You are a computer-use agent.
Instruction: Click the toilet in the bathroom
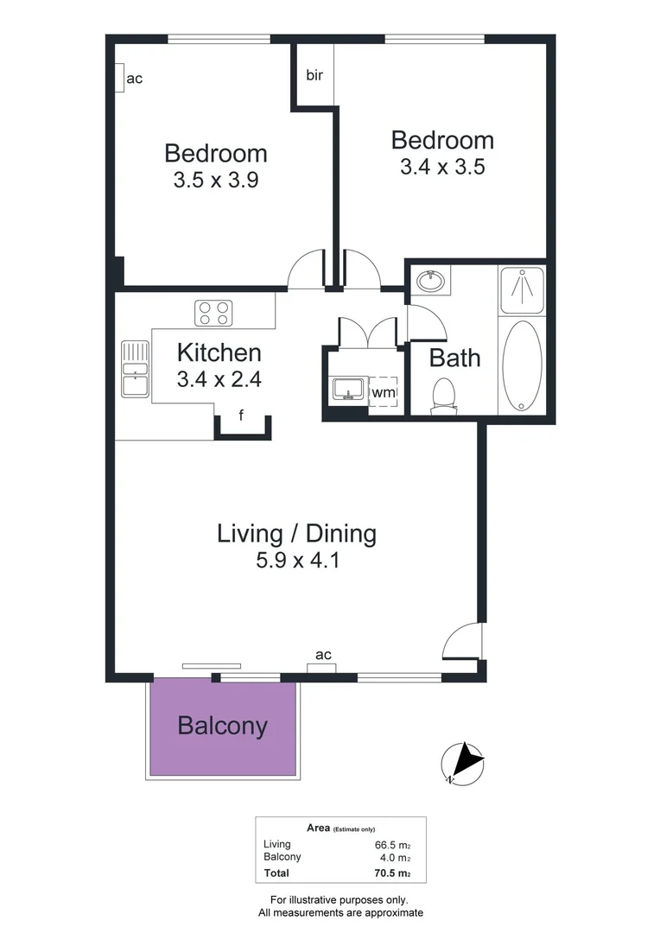444,394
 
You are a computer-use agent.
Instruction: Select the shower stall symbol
522,289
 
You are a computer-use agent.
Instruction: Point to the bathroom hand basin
429,280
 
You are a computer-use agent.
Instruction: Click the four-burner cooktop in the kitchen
213,313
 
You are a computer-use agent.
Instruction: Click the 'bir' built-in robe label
314,75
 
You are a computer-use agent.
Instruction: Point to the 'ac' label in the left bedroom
134,79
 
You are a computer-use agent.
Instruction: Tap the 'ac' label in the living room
323,655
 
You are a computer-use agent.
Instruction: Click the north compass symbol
462,763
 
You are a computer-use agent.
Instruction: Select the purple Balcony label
222,726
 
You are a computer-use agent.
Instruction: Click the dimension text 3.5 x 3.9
216,181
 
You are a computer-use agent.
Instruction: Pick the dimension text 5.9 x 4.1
296,560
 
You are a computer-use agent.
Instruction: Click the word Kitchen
219,352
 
